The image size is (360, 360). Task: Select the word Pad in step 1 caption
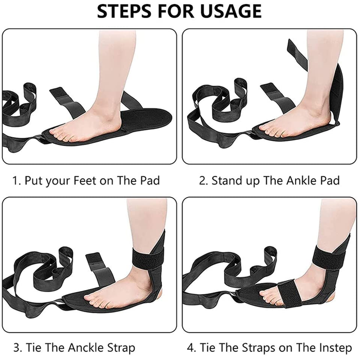click(150, 180)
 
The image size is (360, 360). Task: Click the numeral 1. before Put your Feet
click(16, 180)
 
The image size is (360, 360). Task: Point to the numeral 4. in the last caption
click(191, 347)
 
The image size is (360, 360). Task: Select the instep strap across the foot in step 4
click(290, 293)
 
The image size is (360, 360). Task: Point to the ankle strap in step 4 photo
click(330, 258)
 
